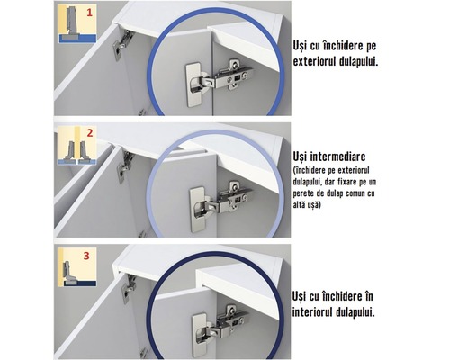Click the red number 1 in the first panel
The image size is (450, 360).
click(88, 13)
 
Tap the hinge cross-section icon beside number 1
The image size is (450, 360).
click(67, 25)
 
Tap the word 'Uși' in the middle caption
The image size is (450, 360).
click(302, 155)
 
